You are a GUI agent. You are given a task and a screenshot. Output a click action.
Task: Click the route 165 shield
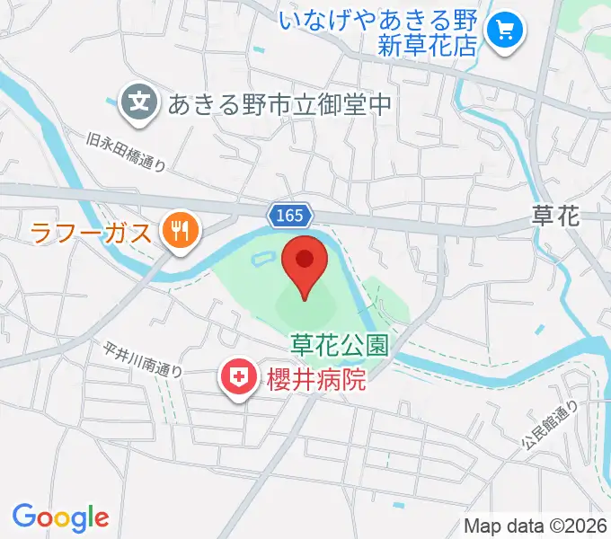(x=290, y=216)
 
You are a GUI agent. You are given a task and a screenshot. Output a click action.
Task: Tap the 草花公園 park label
(x=339, y=345)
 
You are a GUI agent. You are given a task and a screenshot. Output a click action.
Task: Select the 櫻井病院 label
(x=316, y=380)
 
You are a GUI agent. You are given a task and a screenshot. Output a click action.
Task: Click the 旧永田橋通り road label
(x=127, y=151)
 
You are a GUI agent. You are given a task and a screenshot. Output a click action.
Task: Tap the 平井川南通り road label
(x=143, y=358)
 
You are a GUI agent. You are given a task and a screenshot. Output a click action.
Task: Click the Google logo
(x=60, y=517)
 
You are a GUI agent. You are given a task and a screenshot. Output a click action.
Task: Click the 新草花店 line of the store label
(x=426, y=47)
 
